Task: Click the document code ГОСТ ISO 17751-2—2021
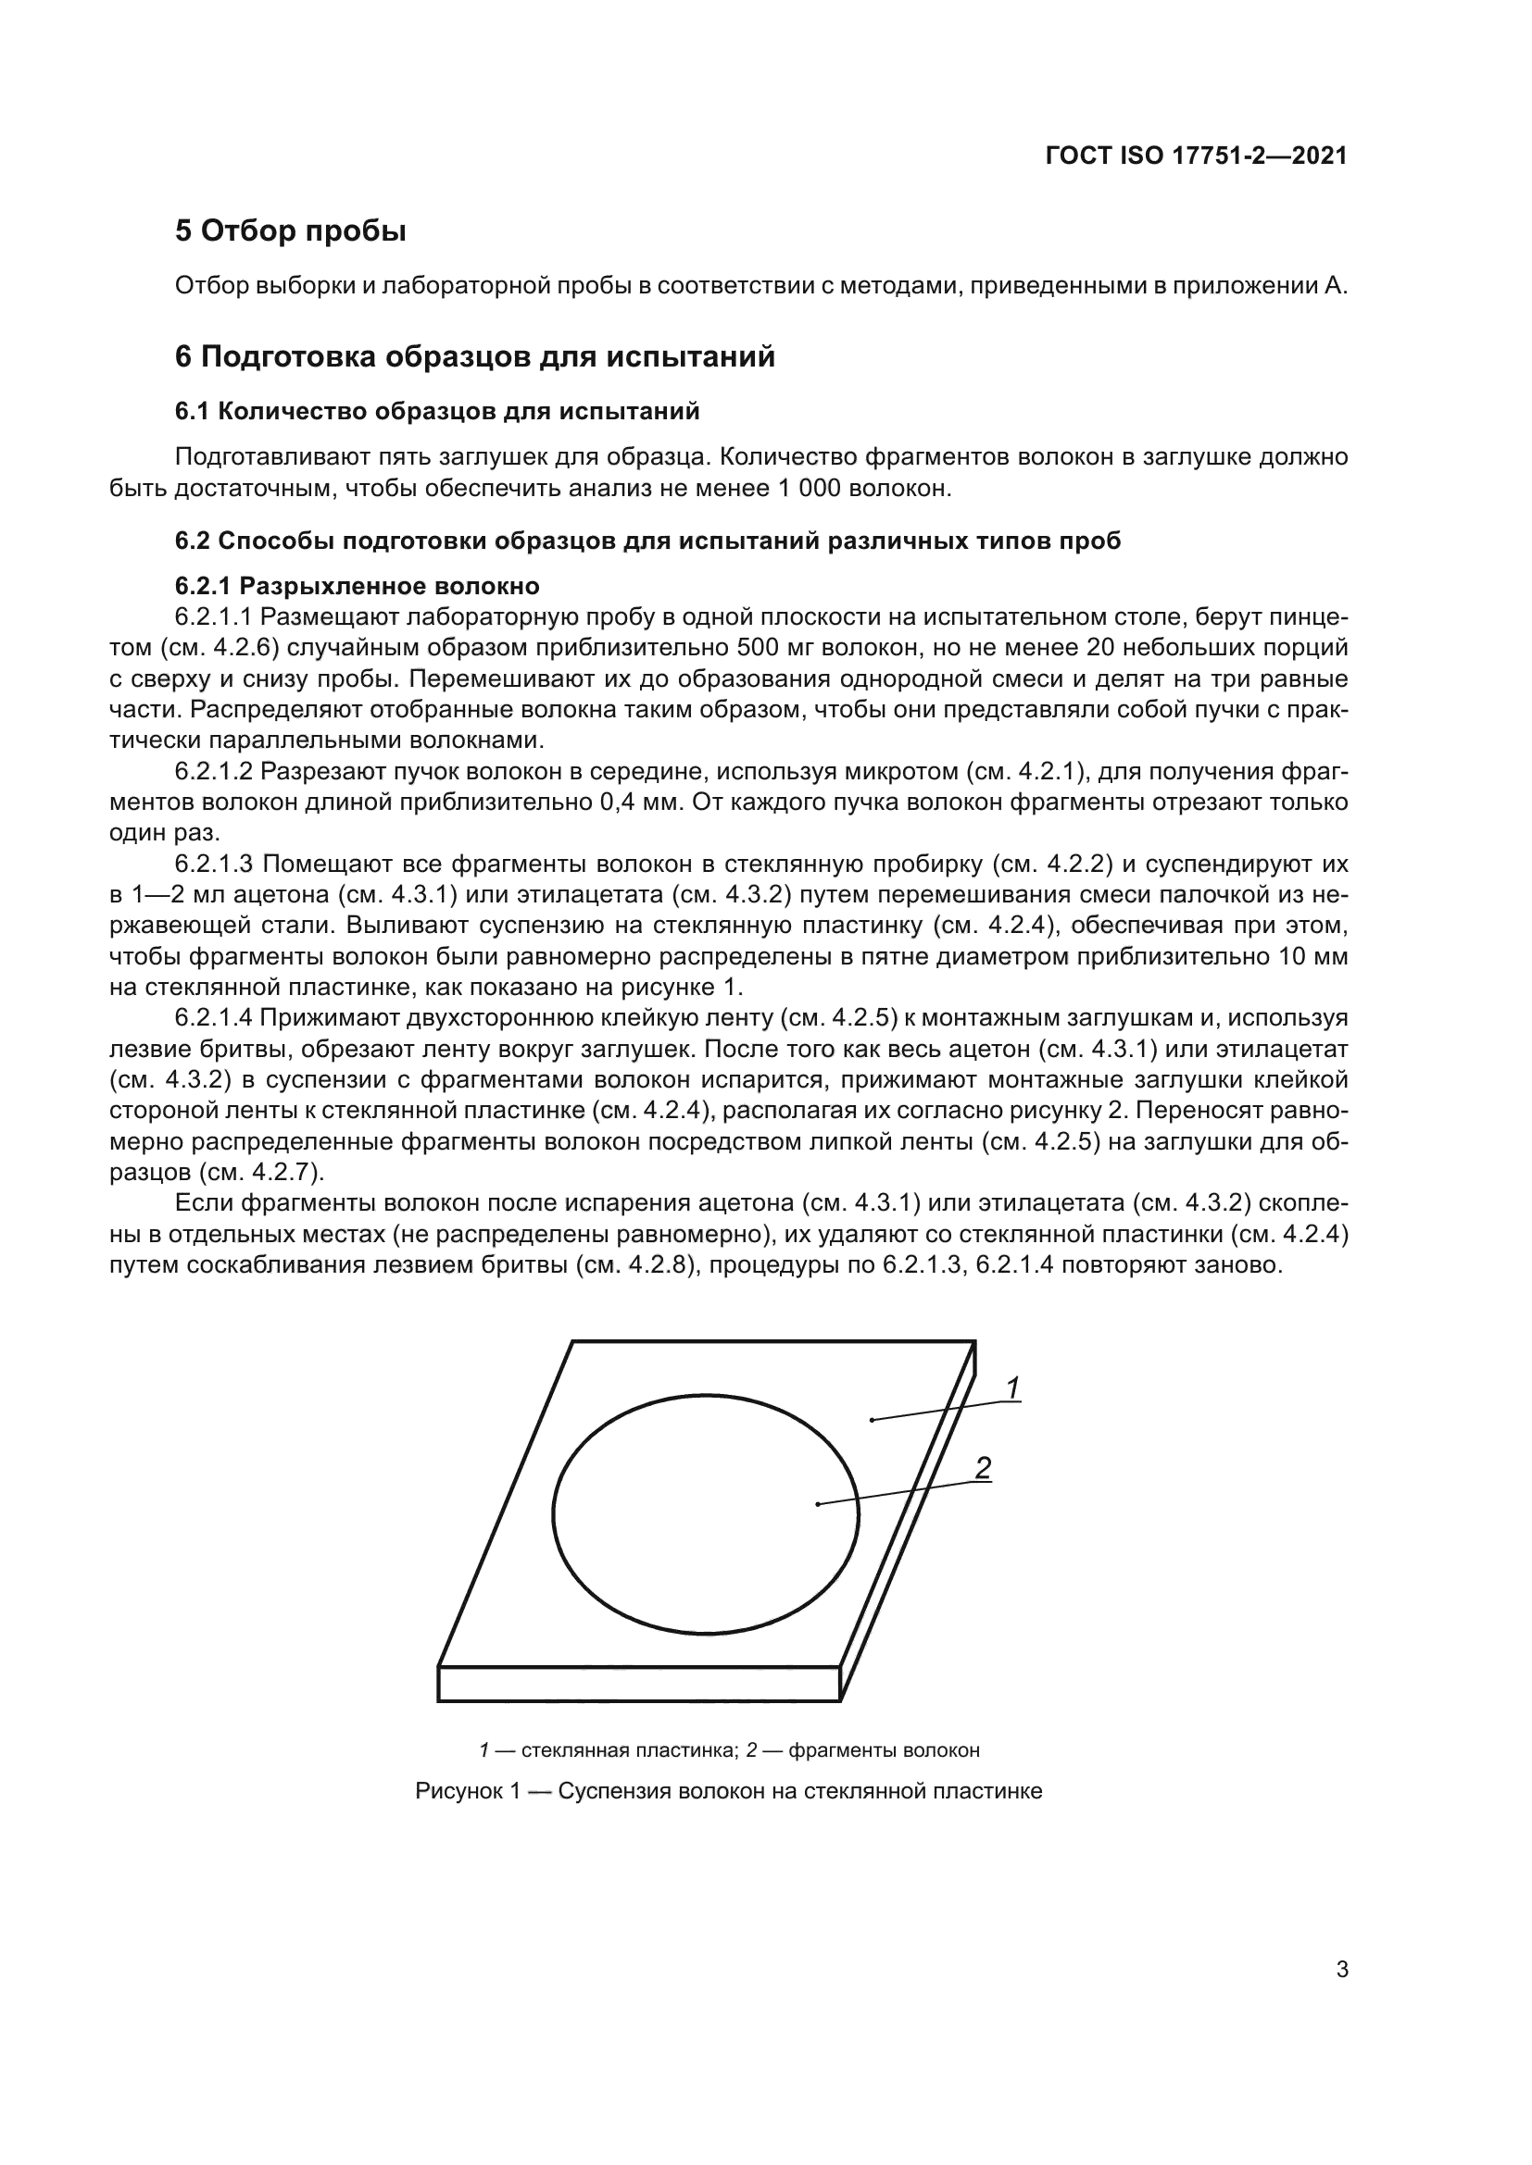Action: (x=1195, y=156)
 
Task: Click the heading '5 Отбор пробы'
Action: (x=290, y=230)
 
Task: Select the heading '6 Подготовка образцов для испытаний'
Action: (x=474, y=356)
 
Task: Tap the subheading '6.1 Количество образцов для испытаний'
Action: (x=437, y=411)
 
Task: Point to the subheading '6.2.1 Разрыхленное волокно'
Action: (x=357, y=586)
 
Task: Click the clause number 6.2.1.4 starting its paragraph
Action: (x=214, y=1018)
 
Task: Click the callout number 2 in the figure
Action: (x=982, y=1467)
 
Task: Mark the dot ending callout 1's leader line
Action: (x=872, y=1420)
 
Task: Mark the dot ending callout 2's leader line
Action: (x=817, y=1504)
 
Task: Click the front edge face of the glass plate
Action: (x=639, y=1684)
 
